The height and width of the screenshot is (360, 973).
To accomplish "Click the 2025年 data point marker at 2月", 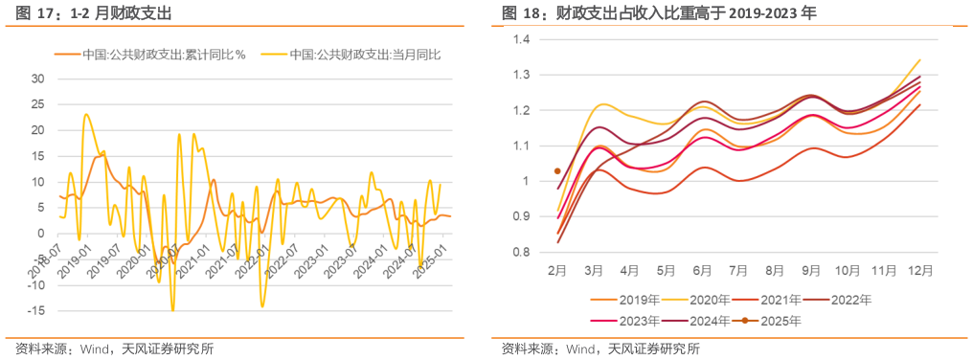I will pos(557,171).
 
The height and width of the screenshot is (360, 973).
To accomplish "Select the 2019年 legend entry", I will pos(632,300).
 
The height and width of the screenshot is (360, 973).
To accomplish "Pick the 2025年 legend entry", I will pos(776,320).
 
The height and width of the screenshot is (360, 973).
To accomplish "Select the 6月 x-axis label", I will pos(703,271).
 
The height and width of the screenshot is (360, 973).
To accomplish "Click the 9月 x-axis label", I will pos(811,271).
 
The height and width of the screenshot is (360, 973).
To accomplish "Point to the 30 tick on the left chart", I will pos(39,78).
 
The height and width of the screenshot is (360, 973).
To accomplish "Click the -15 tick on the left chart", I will pos(36,311).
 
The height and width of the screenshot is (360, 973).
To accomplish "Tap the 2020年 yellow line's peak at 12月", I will pos(920,59).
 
